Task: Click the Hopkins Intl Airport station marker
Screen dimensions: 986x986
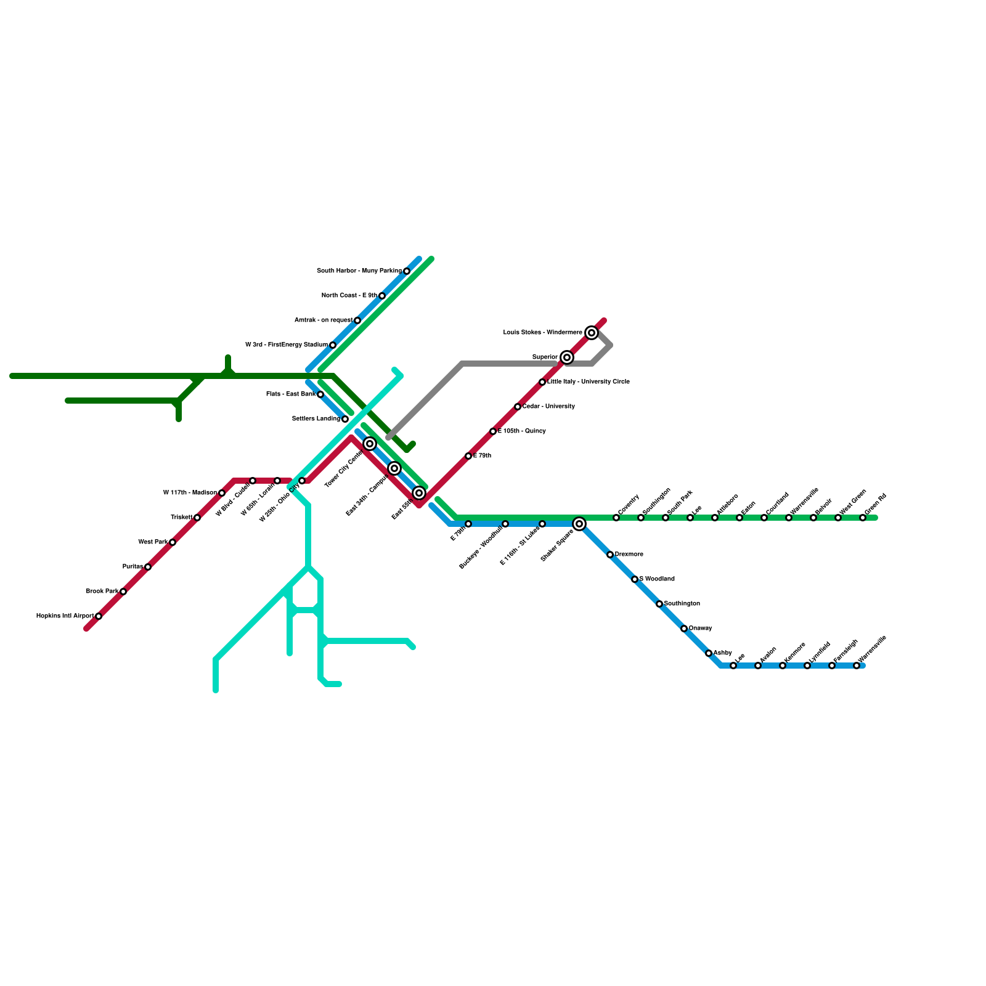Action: pyautogui.click(x=99, y=616)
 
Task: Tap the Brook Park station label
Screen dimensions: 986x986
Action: pyautogui.click(x=102, y=592)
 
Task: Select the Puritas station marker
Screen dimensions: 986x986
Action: pyautogui.click(x=148, y=567)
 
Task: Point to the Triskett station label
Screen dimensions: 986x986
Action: pyautogui.click(x=181, y=518)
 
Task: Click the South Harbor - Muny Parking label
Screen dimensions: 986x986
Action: pyautogui.click(x=359, y=271)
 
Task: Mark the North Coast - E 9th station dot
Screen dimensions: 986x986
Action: pyautogui.click(x=382, y=296)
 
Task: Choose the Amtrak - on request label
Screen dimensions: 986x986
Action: pyautogui.click(x=323, y=320)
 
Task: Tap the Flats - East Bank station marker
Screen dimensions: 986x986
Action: pyautogui.click(x=320, y=394)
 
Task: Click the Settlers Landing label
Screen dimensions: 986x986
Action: pyautogui.click(x=316, y=419)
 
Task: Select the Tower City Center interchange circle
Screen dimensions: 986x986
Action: pyautogui.click(x=370, y=444)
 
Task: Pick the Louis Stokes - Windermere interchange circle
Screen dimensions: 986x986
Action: pyautogui.click(x=592, y=333)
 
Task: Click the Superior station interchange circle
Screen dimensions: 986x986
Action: pyautogui.click(x=567, y=357)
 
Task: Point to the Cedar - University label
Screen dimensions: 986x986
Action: pyautogui.click(x=548, y=407)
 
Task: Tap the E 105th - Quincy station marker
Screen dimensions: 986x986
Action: pyautogui.click(x=493, y=431)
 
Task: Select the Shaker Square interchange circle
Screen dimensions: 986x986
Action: pyautogui.click(x=579, y=524)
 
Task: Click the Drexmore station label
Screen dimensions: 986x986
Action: pyautogui.click(x=629, y=555)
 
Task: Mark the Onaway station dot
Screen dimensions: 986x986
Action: pyautogui.click(x=684, y=629)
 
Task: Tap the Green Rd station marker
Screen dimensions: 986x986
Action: pyautogui.click(x=863, y=518)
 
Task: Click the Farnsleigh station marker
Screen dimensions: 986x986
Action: pyautogui.click(x=832, y=666)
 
